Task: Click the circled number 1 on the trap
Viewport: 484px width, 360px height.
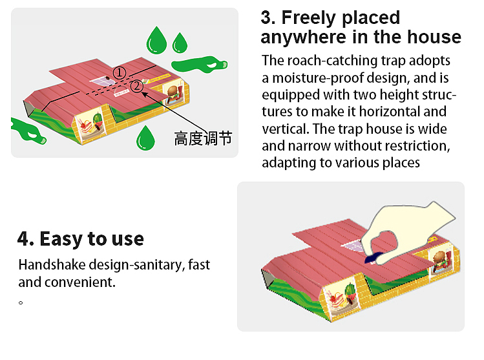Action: tap(120, 73)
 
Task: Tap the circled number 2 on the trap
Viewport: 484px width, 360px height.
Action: tap(136, 87)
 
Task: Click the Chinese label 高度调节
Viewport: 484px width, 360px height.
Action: tap(202, 138)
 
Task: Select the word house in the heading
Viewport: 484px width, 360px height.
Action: tap(436, 37)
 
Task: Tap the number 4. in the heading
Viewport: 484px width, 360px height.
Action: tap(25, 238)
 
